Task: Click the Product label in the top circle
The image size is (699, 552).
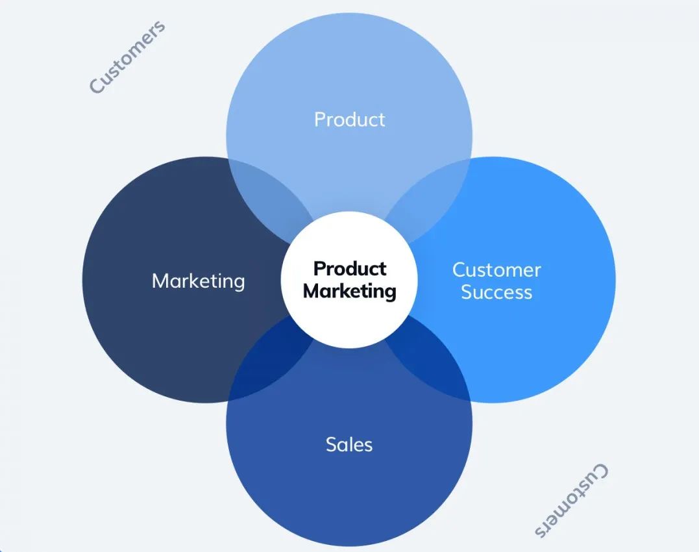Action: (349, 119)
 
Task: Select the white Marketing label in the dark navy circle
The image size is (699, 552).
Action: (199, 281)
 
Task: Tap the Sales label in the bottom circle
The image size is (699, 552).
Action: (349, 445)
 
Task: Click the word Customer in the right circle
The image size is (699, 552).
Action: (497, 270)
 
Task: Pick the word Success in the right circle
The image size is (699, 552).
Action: (497, 292)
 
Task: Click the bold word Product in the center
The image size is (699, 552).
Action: (350, 268)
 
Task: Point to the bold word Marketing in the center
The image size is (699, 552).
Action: (349, 292)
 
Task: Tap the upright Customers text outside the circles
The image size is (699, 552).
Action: (127, 57)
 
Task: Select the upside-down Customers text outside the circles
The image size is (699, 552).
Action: (571, 500)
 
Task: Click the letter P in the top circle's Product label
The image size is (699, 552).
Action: (319, 119)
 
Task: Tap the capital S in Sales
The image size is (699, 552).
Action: (332, 445)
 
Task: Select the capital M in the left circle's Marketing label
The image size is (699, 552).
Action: (160, 281)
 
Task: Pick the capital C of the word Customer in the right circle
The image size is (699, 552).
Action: (460, 270)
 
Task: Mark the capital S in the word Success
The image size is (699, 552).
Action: (467, 292)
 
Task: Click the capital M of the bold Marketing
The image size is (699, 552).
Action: (312, 291)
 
